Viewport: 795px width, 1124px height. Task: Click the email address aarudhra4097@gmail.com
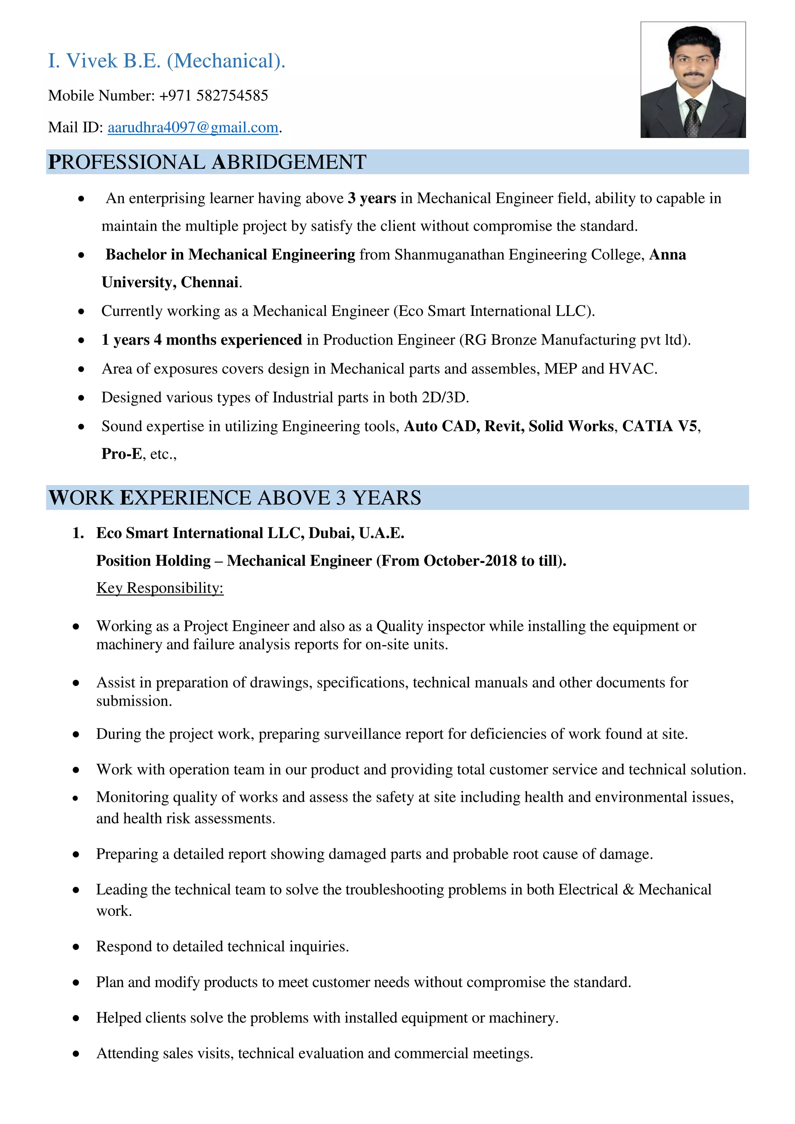(193, 128)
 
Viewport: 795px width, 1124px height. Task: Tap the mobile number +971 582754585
(214, 95)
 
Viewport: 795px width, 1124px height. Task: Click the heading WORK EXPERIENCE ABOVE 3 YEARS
(234, 498)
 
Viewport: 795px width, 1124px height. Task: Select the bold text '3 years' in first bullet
(371, 198)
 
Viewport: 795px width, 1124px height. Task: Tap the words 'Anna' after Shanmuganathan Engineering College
(667, 255)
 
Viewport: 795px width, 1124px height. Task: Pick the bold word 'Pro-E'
(122, 454)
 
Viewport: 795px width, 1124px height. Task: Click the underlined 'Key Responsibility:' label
(160, 588)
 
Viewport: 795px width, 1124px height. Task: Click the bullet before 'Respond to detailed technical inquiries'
(76, 947)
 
